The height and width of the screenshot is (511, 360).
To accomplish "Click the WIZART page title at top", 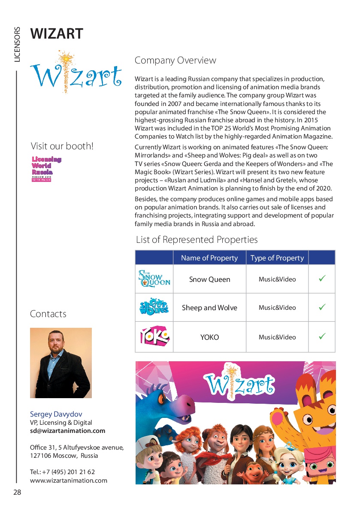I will (x=57, y=33).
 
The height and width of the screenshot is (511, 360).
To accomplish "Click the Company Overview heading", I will (x=175, y=60).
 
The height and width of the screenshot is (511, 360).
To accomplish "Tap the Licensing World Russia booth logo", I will (x=46, y=169).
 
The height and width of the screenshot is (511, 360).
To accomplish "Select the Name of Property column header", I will (x=209, y=258).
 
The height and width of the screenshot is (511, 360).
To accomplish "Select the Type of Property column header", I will (x=277, y=258).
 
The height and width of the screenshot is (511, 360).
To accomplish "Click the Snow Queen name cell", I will (x=209, y=279).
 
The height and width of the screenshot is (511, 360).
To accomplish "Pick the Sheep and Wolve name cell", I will (x=209, y=308).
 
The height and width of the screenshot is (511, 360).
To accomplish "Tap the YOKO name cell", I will (x=209, y=337).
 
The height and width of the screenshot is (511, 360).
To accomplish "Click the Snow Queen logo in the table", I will (x=154, y=279).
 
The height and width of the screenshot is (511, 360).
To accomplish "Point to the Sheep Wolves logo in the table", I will (x=154, y=307).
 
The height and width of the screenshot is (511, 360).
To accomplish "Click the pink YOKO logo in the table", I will (x=154, y=336).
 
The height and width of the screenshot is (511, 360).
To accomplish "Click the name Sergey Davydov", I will (x=56, y=414).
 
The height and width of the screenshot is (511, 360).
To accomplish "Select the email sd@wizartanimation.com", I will (x=67, y=431).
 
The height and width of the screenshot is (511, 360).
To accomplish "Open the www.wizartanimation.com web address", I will (x=69, y=481).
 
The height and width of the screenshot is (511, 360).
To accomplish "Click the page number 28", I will (x=17, y=492).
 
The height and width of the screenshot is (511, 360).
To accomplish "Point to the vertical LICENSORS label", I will (x=17, y=45).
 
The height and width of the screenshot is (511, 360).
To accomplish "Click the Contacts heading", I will (x=48, y=314).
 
